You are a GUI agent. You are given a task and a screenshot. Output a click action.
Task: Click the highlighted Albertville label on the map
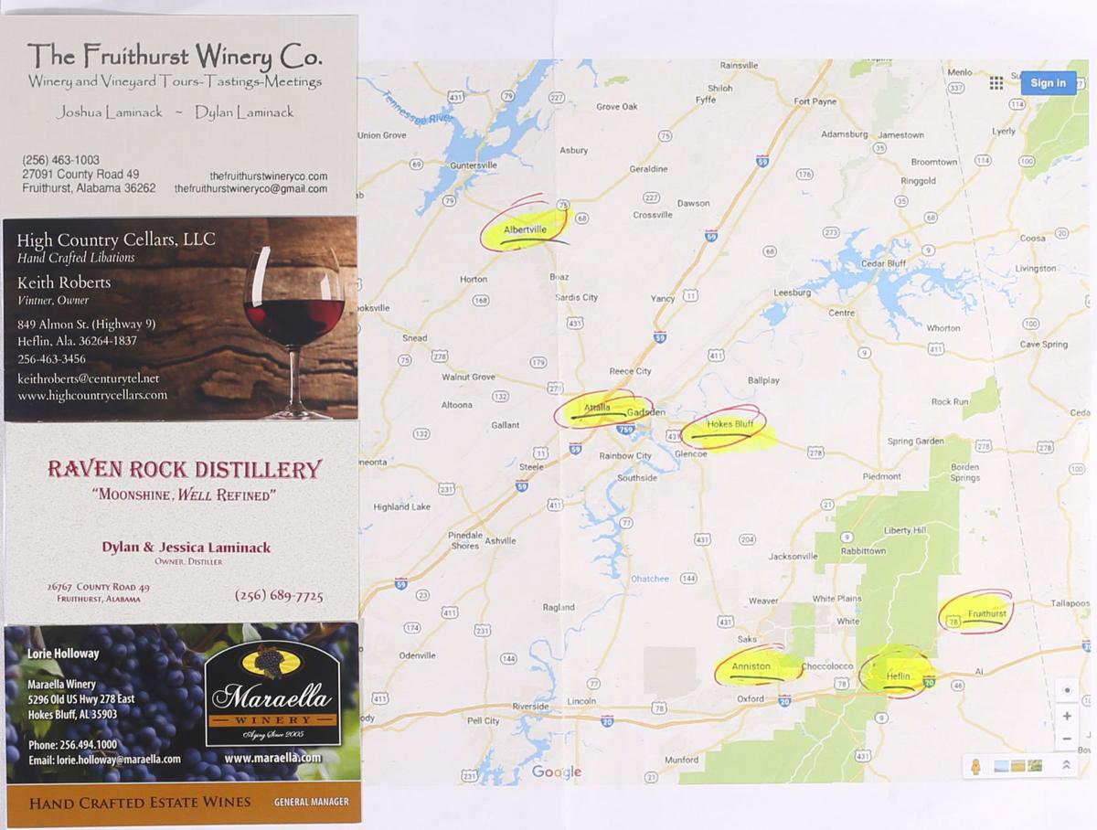tap(525, 230)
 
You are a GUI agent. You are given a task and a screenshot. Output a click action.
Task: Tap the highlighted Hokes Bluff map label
tap(730, 424)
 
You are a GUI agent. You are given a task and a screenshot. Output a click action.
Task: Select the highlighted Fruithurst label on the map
tap(986, 614)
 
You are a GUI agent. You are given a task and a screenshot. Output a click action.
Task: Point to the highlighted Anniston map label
tap(751, 666)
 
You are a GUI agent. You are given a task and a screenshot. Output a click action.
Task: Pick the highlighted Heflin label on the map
tap(898, 676)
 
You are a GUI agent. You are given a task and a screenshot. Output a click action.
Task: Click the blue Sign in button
tap(1048, 83)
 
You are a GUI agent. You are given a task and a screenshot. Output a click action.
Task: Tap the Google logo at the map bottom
tap(557, 772)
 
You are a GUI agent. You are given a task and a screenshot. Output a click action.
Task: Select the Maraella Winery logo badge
tap(272, 697)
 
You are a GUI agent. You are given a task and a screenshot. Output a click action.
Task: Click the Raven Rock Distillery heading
tap(185, 470)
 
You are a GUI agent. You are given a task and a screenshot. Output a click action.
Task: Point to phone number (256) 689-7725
tap(279, 596)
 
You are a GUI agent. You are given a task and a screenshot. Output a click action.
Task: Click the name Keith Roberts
tap(64, 282)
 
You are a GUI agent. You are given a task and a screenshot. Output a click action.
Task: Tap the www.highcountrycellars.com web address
tap(92, 396)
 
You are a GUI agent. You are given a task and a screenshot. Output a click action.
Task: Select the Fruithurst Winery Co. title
tap(175, 56)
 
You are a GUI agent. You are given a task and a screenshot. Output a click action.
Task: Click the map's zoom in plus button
tap(1067, 716)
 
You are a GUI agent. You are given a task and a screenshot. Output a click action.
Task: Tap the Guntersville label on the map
tap(474, 165)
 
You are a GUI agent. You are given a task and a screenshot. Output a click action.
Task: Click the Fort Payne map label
tap(815, 101)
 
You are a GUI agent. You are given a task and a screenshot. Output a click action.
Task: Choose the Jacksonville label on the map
tap(793, 556)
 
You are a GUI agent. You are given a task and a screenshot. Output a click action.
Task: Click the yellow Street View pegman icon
tap(975, 766)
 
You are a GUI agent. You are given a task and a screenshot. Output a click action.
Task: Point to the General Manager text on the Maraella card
tap(311, 802)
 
